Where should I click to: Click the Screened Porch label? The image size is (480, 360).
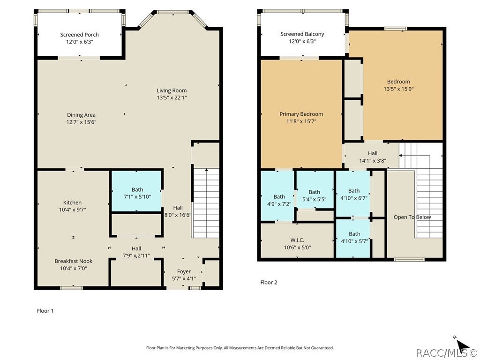pyautogui.click(x=79, y=35)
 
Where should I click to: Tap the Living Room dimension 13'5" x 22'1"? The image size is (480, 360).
pyautogui.click(x=172, y=97)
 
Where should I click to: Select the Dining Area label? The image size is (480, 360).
pyautogui.click(x=81, y=115)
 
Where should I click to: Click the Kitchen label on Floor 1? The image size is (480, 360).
pyautogui.click(x=72, y=202)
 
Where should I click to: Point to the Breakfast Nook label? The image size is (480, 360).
pyautogui.click(x=74, y=261)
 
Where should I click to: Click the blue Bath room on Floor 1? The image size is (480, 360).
pyautogui.click(x=136, y=191)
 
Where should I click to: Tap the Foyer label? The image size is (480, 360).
pyautogui.click(x=184, y=271)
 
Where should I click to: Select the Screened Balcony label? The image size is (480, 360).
pyautogui.click(x=302, y=34)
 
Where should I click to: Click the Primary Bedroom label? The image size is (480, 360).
pyautogui.click(x=301, y=114)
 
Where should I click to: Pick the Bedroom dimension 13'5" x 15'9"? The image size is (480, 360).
pyautogui.click(x=398, y=89)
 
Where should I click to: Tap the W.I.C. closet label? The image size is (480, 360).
pyautogui.click(x=297, y=240)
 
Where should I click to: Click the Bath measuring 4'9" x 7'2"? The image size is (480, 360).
pyautogui.click(x=277, y=196)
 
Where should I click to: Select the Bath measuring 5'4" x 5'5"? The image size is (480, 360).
pyautogui.click(x=315, y=189)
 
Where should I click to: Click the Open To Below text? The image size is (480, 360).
pyautogui.click(x=412, y=217)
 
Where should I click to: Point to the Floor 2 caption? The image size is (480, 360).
pyautogui.click(x=269, y=282)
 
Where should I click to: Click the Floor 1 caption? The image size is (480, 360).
pyautogui.click(x=45, y=311)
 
